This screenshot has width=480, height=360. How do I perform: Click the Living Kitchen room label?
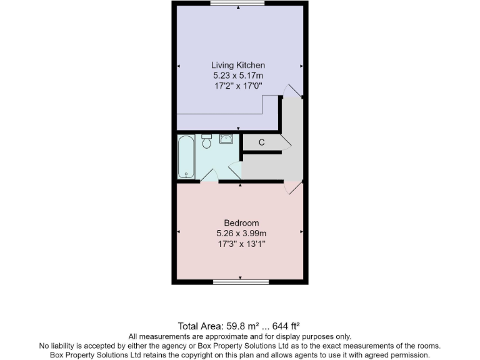[238, 65]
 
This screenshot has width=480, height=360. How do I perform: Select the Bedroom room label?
[241, 223]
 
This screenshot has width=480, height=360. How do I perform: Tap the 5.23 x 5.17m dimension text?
[238, 76]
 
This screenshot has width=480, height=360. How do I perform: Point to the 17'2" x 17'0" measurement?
[238, 86]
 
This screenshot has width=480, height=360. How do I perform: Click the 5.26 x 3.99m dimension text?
[241, 233]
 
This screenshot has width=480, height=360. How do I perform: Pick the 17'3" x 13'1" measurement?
[241, 244]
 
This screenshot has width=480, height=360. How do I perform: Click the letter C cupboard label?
[262, 142]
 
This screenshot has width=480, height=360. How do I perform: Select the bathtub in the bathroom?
[186, 157]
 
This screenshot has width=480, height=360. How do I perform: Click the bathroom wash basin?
[226, 138]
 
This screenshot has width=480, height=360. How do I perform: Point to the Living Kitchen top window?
[237, 4]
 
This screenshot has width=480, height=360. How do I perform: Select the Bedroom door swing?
[293, 187]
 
